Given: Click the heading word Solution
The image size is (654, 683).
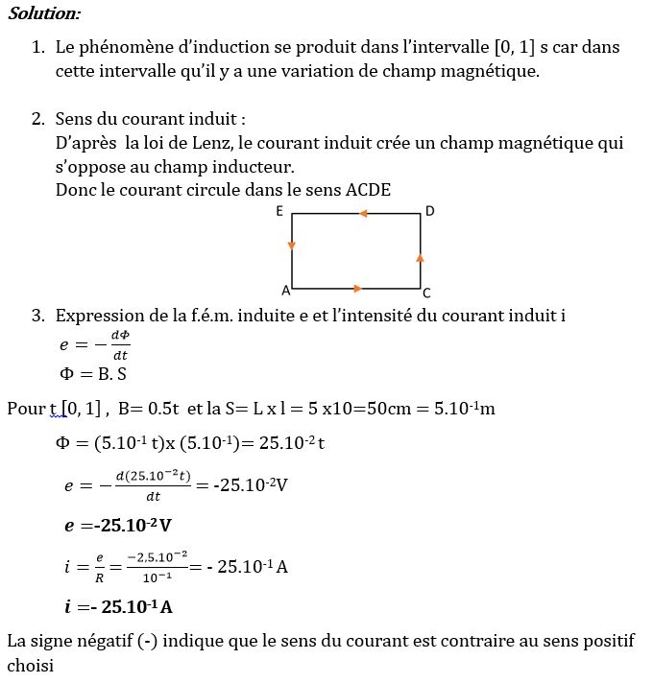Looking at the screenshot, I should [44, 13].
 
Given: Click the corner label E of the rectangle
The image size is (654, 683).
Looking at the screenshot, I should [279, 211].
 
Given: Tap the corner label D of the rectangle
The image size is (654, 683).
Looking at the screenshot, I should [429, 211].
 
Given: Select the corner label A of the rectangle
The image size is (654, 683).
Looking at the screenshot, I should [285, 290].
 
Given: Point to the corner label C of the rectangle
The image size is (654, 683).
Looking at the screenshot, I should [426, 293].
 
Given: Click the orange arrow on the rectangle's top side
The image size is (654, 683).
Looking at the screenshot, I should [363, 213].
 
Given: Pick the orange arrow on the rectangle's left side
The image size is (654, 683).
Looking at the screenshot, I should [292, 246].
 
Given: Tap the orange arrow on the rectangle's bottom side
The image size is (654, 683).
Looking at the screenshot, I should [357, 288].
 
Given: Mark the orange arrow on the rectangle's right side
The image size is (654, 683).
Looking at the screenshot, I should [421, 257].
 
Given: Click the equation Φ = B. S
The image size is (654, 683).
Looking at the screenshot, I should [92, 374].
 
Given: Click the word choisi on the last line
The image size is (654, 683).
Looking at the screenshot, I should [30, 664].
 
